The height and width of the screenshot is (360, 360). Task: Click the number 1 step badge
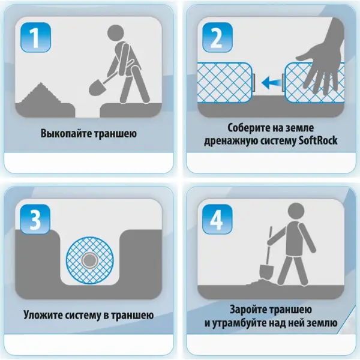pos(35,37)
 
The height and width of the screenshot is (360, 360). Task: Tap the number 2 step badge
pos(217,37)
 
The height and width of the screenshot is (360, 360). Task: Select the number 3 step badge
pos(35,219)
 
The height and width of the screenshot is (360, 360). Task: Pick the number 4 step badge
pos(217,219)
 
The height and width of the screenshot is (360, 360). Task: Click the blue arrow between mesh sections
pos(271,83)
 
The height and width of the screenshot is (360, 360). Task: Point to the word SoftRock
pos(318,140)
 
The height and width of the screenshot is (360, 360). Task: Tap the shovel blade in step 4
pos(266,272)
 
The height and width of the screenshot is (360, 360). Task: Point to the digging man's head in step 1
pos(116,33)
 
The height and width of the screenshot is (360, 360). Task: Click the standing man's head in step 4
pos(296,211)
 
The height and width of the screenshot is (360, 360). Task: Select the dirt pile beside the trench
pos(41,94)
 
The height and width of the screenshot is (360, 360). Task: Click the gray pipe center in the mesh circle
pos(89,260)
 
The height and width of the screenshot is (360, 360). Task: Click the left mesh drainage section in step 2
pos(225,82)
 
